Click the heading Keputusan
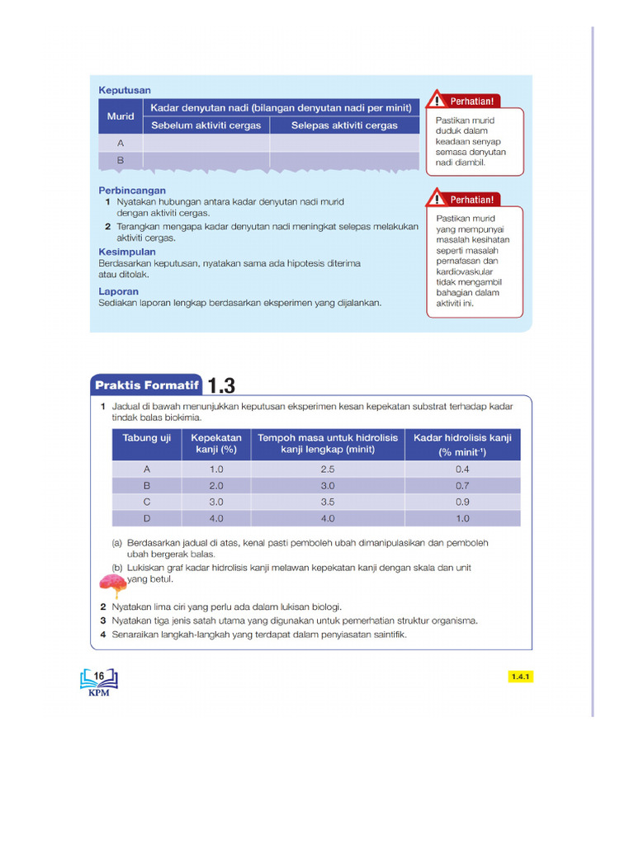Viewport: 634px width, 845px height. click(125, 90)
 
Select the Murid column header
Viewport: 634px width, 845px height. click(121, 116)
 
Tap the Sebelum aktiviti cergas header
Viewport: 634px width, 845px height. click(206, 125)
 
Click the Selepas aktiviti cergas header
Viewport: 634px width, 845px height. click(344, 125)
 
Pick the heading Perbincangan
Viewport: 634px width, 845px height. click(132, 191)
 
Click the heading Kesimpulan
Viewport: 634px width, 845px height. click(127, 252)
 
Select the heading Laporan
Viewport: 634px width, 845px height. click(119, 291)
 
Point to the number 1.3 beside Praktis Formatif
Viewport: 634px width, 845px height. click(221, 386)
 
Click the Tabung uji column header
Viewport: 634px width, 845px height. click(147, 437)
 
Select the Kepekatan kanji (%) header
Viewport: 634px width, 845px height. click(216, 444)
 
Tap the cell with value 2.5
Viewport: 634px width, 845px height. click(327, 469)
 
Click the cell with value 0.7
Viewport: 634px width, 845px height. click(462, 486)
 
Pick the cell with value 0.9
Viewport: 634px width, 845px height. click(462, 502)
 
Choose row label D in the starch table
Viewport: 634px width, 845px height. click(147, 518)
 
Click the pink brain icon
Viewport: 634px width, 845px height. click(112, 584)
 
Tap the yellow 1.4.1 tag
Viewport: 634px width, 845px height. click(521, 677)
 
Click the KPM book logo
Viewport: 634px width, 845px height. click(98, 682)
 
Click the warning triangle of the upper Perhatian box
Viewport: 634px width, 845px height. click(435, 101)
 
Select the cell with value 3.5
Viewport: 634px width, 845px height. click(327, 502)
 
